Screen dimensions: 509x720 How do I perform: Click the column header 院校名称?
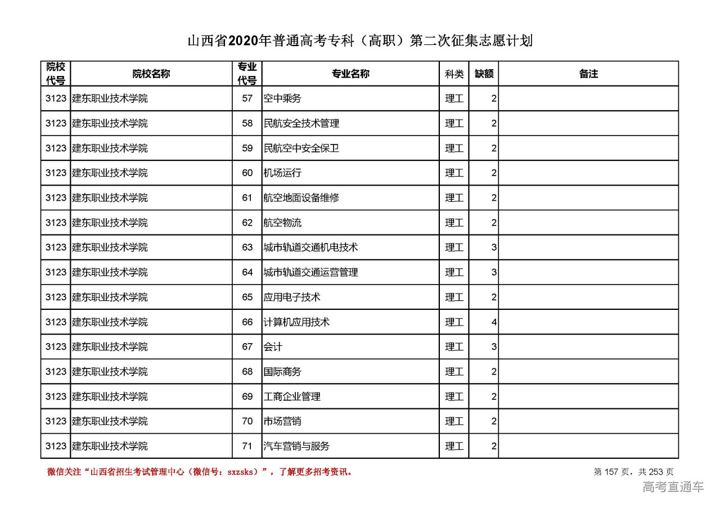coord(151,74)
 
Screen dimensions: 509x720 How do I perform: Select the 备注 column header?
coord(588,74)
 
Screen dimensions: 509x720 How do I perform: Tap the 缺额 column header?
coord(484,74)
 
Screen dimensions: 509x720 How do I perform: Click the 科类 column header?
coord(454,74)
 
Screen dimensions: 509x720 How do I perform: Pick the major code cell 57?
coord(247,98)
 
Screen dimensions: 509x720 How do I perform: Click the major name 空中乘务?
coord(282,98)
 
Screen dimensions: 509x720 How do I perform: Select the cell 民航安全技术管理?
coord(301,123)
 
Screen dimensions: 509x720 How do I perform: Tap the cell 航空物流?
coord(282,223)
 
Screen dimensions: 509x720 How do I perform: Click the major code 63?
coord(247,247)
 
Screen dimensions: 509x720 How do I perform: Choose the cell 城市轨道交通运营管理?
coord(311,272)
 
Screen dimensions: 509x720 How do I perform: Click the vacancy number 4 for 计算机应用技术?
coord(494,322)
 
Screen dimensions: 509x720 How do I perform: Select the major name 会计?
coord(273,347)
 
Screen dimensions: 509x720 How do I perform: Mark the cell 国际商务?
coord(282,372)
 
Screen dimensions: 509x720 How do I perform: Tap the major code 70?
coord(247,421)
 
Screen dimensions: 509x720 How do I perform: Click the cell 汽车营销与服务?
coord(296,446)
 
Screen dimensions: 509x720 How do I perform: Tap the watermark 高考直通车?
coord(673,487)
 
